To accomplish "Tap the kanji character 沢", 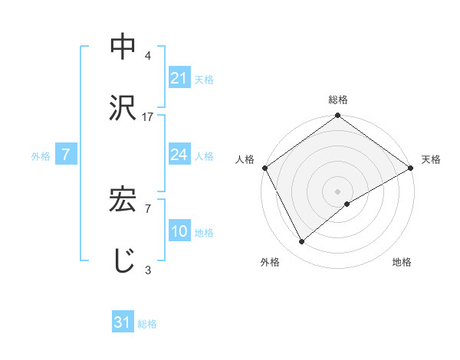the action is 123,108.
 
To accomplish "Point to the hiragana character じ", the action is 123,261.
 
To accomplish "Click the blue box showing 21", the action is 179,77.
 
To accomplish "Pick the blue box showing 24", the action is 179,155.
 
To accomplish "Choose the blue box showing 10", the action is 179,231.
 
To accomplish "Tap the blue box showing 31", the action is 123,323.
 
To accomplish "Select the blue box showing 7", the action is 66,155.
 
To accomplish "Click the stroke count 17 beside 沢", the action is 149,116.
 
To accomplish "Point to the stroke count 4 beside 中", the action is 148,55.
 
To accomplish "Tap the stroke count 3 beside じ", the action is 148,269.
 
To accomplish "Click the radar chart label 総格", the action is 338,100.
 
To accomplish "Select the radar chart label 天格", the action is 431,159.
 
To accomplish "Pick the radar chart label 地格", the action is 402,262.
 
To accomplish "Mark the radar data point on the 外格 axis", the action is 302,242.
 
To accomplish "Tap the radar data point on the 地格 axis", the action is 347,204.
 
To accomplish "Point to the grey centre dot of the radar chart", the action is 338,191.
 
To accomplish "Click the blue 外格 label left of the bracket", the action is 41,155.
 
